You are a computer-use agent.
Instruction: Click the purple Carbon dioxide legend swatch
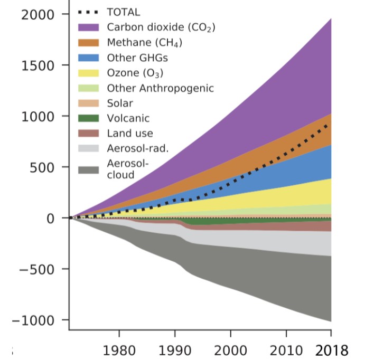[89, 27]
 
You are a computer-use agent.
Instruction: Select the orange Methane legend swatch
[89, 42]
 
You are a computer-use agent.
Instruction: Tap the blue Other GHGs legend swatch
[89, 58]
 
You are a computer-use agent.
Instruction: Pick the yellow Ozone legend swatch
[89, 73]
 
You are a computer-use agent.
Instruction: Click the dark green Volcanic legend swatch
[89, 119]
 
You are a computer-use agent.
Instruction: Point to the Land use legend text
[130, 134]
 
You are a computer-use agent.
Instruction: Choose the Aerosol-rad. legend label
[138, 149]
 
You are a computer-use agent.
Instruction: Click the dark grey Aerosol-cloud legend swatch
[89, 170]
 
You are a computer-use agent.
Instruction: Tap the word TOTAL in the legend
[124, 12]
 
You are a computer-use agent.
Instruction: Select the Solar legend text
[120, 103]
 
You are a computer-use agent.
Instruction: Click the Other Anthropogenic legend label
[160, 88]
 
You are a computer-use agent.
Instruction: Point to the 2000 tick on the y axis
[38, 15]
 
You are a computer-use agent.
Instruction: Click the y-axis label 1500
[38, 65]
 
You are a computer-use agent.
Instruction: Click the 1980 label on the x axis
[119, 350]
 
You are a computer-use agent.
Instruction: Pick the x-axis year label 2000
[230, 350]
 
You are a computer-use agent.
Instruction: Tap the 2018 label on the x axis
[331, 350]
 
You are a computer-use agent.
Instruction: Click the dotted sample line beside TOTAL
[89, 12]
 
